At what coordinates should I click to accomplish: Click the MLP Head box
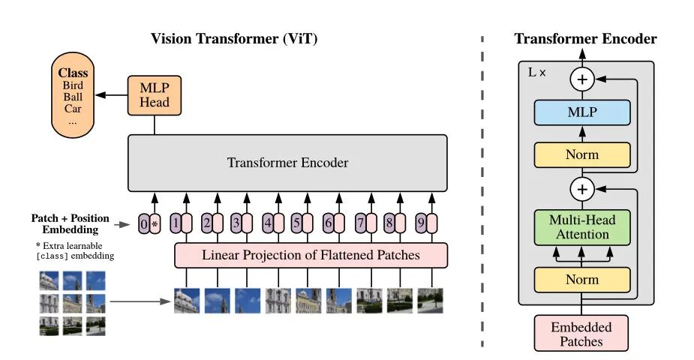click(155, 94)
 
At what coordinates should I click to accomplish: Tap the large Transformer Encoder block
click(288, 163)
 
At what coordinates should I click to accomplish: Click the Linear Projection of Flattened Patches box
click(311, 255)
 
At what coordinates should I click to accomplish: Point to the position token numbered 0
click(144, 223)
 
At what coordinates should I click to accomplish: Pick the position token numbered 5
click(296, 223)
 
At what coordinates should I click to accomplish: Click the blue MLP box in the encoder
click(581, 112)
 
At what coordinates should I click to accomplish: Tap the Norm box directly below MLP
click(581, 154)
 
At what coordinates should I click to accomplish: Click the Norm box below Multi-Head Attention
click(581, 279)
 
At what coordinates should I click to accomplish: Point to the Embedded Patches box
click(581, 334)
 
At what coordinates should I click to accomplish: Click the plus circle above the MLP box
click(581, 78)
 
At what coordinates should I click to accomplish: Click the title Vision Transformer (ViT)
click(234, 39)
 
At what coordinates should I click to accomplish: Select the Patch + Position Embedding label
click(70, 223)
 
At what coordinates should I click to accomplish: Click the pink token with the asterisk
click(155, 223)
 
